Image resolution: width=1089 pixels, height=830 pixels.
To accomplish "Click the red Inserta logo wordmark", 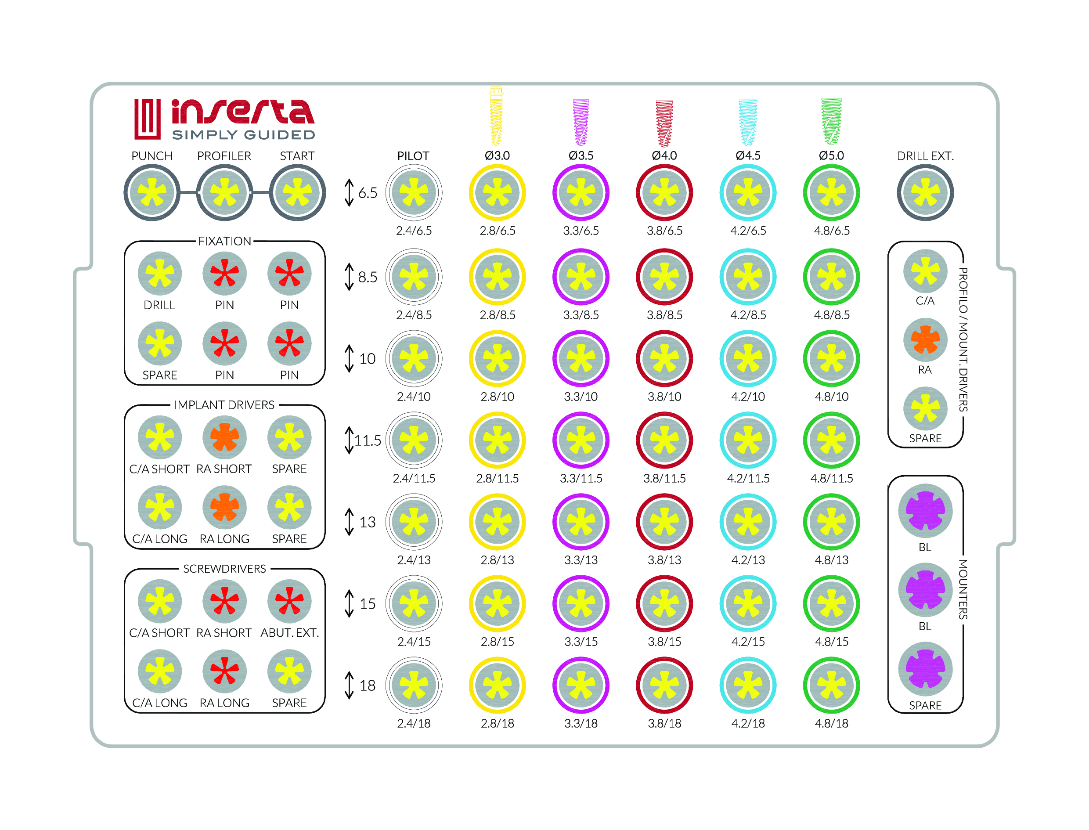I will coord(242,112).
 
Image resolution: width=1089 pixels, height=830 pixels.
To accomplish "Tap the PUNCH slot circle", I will coord(151,193).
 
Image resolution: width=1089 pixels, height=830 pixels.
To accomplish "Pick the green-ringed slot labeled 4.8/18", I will coord(831,685).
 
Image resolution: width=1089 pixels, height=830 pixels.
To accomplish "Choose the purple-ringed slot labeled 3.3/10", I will coord(581,358).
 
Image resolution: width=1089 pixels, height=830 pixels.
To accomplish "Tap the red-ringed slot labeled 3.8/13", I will coord(664,522).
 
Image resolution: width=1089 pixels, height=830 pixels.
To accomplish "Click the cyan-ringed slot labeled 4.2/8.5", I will coord(748,277).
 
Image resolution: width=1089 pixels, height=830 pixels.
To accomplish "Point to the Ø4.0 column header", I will coord(664,155).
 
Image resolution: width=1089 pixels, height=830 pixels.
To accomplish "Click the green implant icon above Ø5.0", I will coord(831,121).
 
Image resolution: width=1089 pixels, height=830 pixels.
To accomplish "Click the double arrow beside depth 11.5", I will coord(349,440).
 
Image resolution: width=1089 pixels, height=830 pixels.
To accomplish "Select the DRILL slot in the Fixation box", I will coord(159,273).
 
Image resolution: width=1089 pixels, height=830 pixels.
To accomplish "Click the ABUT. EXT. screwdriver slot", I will coord(289,601).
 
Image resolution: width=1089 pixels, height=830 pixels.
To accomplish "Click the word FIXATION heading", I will coord(224,241).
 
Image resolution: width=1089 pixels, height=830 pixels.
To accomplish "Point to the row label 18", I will coord(367,685).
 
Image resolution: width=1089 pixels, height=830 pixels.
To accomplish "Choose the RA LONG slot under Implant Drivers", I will coord(224,507).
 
